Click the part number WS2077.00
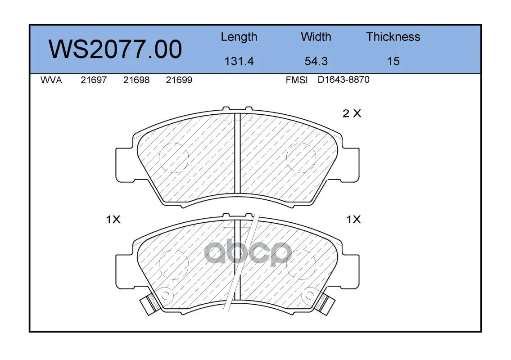(x=115, y=49)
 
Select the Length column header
(x=239, y=37)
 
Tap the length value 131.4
(x=239, y=61)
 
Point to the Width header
(x=316, y=36)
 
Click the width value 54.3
(x=316, y=61)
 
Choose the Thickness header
(x=393, y=36)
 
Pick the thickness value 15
(x=393, y=61)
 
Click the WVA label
(x=51, y=80)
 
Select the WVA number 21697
(x=94, y=80)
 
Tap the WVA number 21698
(x=136, y=80)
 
